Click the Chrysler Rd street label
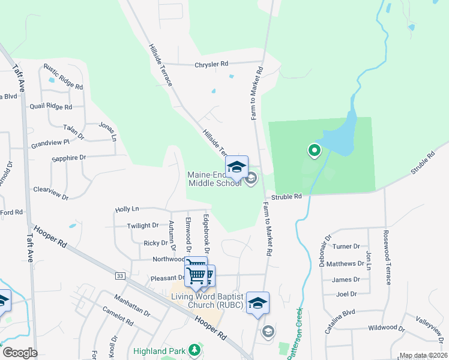[211, 64]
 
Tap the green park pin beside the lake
[313, 151]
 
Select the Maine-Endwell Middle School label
[215, 179]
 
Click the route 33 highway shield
[121, 275]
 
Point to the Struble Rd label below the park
[286, 197]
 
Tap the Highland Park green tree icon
[194, 349]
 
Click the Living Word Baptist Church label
[207, 301]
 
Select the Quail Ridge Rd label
[51, 106]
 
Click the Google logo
[20, 352]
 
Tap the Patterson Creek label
[296, 333]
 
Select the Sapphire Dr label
[69, 158]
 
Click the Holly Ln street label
[127, 209]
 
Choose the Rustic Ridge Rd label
[63, 77]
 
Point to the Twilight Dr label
[142, 226]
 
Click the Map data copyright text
[423, 355]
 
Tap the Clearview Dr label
[51, 193]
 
